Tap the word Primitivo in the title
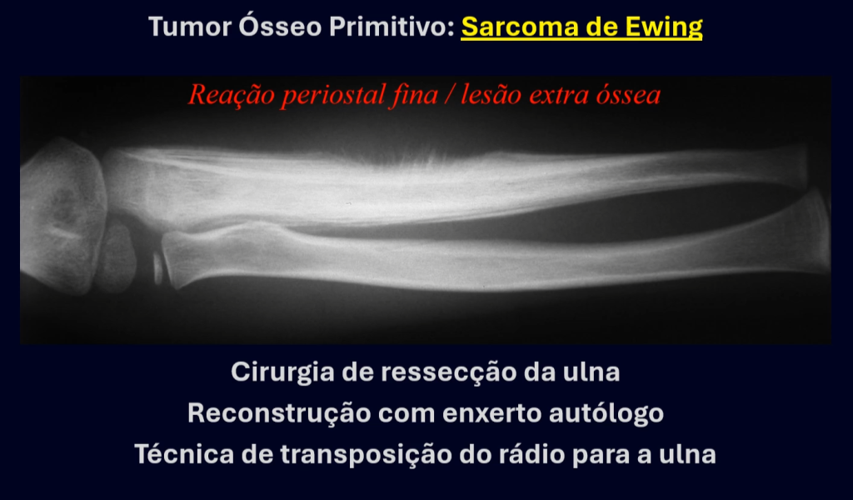coord(392,27)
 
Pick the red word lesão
coord(491,95)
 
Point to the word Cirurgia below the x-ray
coord(282,372)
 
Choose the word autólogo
coord(606,414)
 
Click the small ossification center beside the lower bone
coord(157,267)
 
